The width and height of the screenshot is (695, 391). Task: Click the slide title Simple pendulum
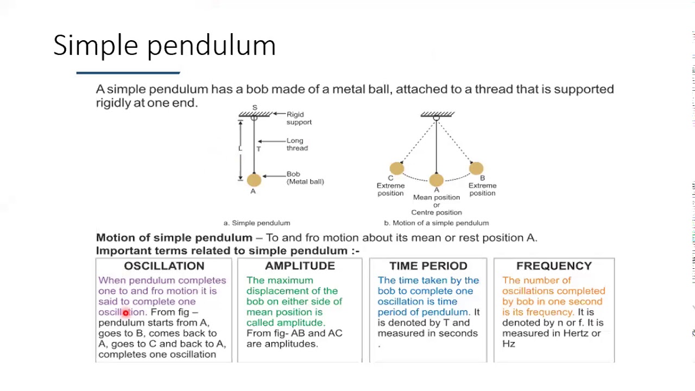165,45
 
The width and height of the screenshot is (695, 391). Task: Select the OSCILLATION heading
164,266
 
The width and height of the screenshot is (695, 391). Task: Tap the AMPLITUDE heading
300,266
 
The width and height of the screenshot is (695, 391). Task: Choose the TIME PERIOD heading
428,266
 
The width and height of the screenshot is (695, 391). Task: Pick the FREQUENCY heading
554,266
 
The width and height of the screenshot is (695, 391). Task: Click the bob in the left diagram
254,180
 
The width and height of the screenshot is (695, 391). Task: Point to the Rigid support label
299,118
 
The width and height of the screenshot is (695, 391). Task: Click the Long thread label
297,144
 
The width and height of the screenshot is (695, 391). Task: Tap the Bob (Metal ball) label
305,178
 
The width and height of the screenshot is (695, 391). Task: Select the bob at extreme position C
397,168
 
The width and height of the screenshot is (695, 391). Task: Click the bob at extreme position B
476,168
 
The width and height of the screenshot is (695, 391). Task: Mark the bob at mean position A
437,180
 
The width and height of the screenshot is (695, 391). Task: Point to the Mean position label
437,198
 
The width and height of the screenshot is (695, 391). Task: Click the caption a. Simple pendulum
257,223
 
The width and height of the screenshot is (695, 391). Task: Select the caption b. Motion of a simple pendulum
436,223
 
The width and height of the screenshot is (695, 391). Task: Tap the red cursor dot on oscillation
125,312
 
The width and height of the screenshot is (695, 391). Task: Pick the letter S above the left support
255,108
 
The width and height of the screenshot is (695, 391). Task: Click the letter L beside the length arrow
240,148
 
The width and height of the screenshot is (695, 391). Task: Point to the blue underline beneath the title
128,73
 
